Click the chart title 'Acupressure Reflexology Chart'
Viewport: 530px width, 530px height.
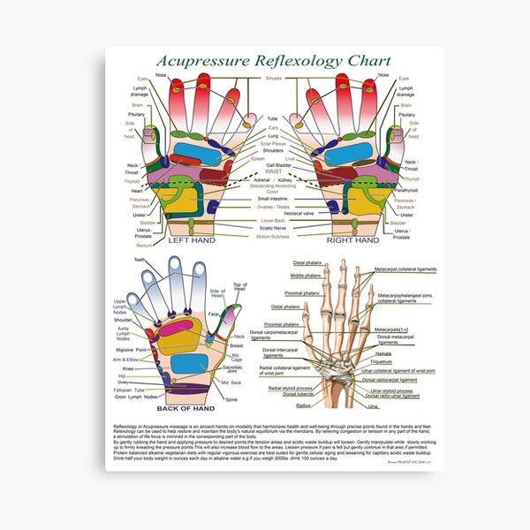click(x=264, y=63)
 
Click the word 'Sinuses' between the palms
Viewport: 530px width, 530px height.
click(x=274, y=79)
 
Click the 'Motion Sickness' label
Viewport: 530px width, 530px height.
click(x=274, y=237)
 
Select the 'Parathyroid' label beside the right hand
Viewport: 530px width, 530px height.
click(x=406, y=190)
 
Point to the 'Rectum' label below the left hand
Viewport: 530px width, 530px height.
click(x=132, y=246)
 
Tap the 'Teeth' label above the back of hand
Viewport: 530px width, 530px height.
click(x=140, y=260)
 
